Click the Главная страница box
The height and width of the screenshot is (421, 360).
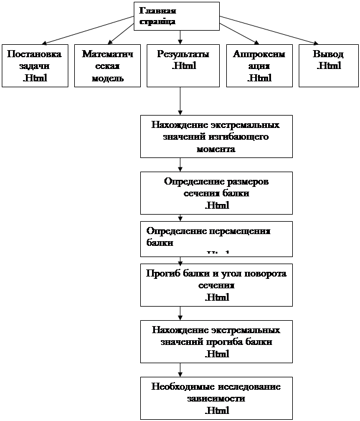coord(177,16)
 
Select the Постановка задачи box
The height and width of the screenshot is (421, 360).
coord(34,66)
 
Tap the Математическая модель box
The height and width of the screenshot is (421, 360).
coord(107,66)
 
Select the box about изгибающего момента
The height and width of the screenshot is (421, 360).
coord(216,137)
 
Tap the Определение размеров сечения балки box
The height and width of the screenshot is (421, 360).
coord(216,193)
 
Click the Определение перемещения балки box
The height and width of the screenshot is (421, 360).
coord(216,238)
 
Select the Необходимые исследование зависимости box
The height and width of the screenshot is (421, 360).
coord(216,398)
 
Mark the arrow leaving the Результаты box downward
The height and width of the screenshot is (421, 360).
coord(180,101)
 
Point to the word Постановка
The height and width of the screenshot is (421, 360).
coord(34,54)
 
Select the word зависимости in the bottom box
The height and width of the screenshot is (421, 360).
coord(216,399)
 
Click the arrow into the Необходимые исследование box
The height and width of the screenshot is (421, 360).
coord(180,370)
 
